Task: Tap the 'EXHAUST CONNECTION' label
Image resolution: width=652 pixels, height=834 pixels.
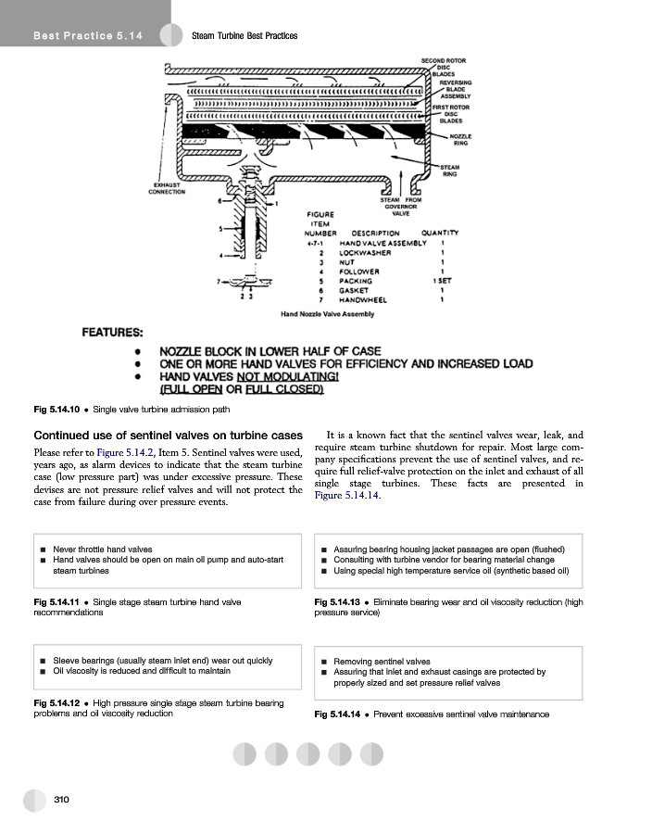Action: point(167,188)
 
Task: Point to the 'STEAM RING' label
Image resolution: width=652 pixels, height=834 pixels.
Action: point(449,171)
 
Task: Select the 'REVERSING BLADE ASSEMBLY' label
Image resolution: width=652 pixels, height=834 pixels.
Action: point(456,89)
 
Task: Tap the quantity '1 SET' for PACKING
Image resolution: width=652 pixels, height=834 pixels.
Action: point(442,281)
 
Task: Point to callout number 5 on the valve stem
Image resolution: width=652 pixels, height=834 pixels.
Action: point(219,228)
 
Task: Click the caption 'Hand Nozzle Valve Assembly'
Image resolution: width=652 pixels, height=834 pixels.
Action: point(328,315)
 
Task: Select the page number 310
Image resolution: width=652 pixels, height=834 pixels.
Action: point(62,799)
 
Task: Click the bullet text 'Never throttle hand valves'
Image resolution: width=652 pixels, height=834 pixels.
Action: point(103,550)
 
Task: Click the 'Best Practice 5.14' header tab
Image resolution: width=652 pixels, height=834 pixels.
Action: point(87,35)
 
